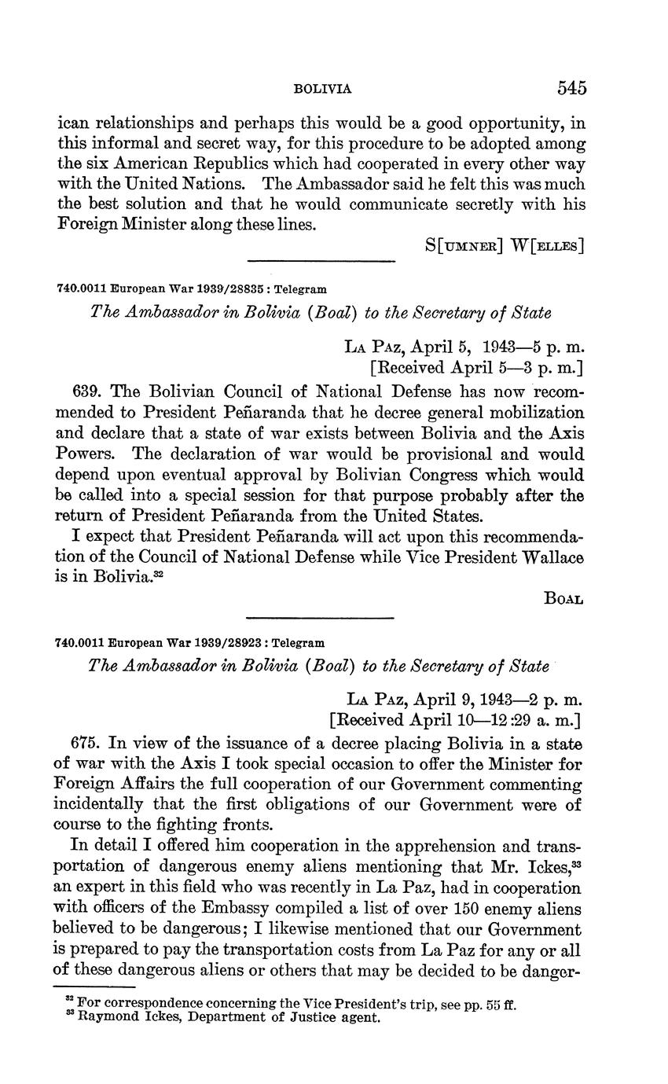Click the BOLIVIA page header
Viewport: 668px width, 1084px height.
pos(322,90)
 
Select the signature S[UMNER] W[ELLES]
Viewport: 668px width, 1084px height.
pos(505,244)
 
